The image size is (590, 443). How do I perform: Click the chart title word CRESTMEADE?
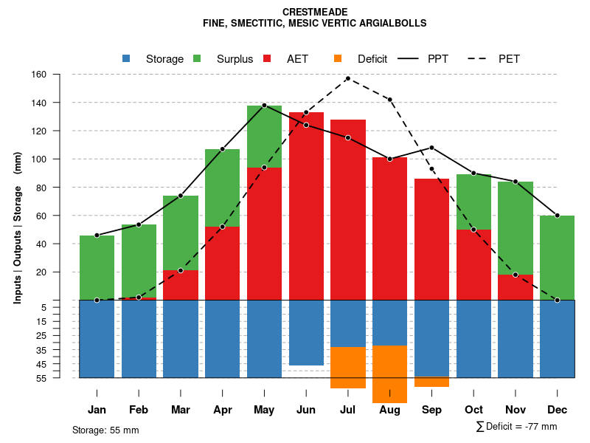click(315, 12)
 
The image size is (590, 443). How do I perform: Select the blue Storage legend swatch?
click(127, 58)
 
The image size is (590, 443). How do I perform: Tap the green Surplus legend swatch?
click(198, 58)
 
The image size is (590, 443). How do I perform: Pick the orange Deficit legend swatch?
click(339, 58)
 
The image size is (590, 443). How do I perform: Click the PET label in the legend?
click(509, 59)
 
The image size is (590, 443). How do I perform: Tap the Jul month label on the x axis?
click(347, 410)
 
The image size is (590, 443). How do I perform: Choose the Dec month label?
click(558, 410)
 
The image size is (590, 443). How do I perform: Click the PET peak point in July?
click(347, 78)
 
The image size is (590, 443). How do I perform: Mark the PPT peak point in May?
click(264, 105)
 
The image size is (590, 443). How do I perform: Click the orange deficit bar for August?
click(389, 374)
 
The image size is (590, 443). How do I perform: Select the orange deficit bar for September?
click(431, 382)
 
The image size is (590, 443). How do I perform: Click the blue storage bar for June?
click(306, 332)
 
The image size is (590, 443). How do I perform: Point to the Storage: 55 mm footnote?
click(105, 430)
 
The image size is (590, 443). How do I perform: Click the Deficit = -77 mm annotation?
click(517, 427)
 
